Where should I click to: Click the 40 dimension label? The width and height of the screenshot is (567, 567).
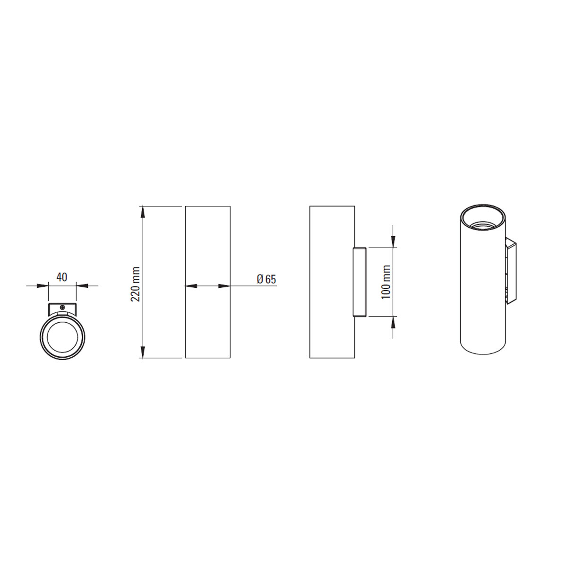point(62,277)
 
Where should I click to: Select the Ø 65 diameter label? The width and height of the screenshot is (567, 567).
point(266,279)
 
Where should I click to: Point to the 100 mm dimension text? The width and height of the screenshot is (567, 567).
point(386,282)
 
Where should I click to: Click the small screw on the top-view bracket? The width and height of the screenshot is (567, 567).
point(62,307)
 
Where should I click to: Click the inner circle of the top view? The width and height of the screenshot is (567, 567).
point(62,337)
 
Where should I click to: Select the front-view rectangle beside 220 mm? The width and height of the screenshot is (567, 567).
point(208,282)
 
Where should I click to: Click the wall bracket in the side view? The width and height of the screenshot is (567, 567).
point(360,282)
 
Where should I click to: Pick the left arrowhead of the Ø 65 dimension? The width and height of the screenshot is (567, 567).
point(190,286)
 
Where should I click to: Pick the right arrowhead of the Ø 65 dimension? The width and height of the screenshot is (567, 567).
point(224,286)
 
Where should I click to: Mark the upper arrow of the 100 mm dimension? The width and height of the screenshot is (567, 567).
point(393,241)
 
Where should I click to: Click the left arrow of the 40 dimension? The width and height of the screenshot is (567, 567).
point(43,285)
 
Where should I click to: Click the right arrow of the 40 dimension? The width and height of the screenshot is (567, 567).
point(82,285)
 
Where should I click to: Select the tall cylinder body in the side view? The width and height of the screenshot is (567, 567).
point(332,282)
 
